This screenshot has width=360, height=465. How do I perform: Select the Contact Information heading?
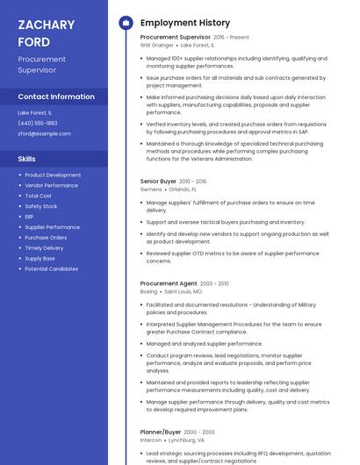tap(56, 97)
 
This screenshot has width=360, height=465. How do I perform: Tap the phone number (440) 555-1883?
tap(38, 123)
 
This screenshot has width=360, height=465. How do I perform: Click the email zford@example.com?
tap(44, 133)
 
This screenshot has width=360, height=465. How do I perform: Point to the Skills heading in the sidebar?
tap(27, 159)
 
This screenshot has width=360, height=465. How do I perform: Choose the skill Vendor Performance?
tap(51, 185)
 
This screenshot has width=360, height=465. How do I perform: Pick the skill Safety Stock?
tap(41, 206)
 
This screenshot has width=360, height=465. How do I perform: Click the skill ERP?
tap(29, 217)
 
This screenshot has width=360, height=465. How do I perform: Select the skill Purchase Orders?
tap(46, 238)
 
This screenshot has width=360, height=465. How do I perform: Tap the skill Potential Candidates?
tap(51, 269)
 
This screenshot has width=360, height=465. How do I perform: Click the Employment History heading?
tap(185, 23)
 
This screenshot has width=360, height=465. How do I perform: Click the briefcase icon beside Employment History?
tap(126, 23)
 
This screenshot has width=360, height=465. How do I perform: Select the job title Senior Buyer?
tap(158, 181)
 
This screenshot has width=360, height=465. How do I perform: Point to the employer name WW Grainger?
tap(157, 45)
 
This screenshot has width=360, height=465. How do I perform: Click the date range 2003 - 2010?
tap(214, 283)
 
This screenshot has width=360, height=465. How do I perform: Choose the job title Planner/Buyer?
tap(161, 432)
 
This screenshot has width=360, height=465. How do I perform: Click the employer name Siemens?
tap(151, 189)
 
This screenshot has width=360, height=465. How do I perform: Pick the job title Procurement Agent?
tap(169, 283)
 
